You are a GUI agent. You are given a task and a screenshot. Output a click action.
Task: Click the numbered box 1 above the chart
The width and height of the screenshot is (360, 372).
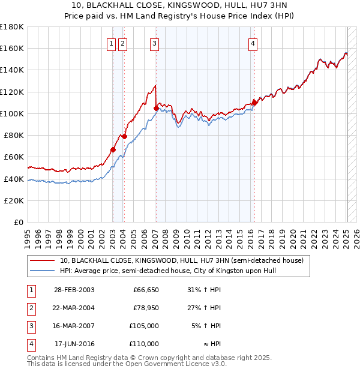point(112,43)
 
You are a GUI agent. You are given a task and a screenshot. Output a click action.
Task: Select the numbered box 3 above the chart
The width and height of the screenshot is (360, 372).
point(154,43)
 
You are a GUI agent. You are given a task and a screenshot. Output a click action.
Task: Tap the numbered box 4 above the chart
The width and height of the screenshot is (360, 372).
point(253,43)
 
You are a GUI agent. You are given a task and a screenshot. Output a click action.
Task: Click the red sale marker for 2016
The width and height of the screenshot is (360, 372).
point(254,103)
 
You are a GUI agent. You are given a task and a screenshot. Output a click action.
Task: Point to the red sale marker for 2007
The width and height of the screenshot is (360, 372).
point(156,108)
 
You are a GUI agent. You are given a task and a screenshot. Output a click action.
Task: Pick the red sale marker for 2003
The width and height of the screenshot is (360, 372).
point(113,150)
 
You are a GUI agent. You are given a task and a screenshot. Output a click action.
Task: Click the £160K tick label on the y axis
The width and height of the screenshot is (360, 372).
point(13,48)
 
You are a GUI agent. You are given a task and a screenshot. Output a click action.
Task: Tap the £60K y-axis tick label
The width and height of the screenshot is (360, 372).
point(14,157)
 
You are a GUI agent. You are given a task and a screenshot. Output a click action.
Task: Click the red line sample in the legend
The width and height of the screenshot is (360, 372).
point(42,260)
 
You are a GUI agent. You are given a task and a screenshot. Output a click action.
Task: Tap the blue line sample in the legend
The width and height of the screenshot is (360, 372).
point(42,271)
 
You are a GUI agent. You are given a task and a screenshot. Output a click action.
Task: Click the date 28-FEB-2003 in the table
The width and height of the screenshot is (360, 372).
point(74,290)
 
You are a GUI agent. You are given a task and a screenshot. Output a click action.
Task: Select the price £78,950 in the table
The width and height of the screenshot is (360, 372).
point(146,308)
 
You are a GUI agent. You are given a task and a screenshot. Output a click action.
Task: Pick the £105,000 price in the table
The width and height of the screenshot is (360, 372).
point(144,326)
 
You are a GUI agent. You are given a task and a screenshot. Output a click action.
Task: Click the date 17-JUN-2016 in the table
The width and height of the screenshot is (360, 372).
point(74,344)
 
